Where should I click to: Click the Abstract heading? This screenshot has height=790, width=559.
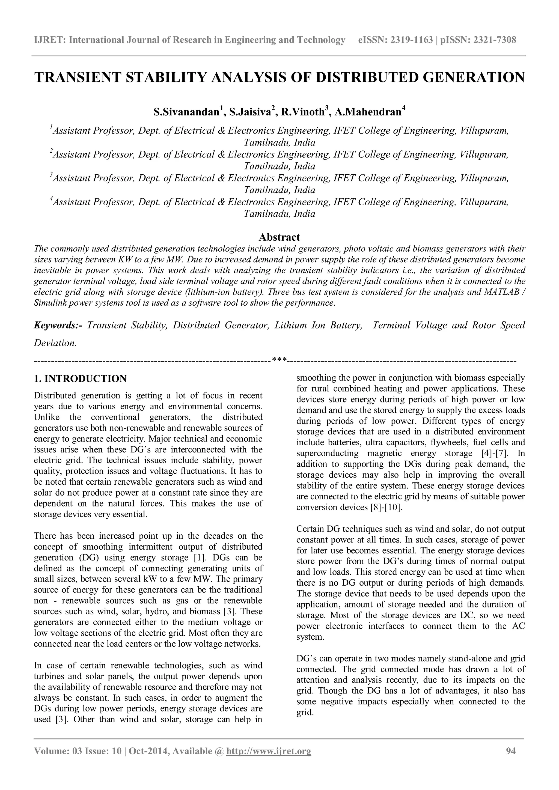279,237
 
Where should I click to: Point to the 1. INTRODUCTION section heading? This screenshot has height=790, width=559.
80,379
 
